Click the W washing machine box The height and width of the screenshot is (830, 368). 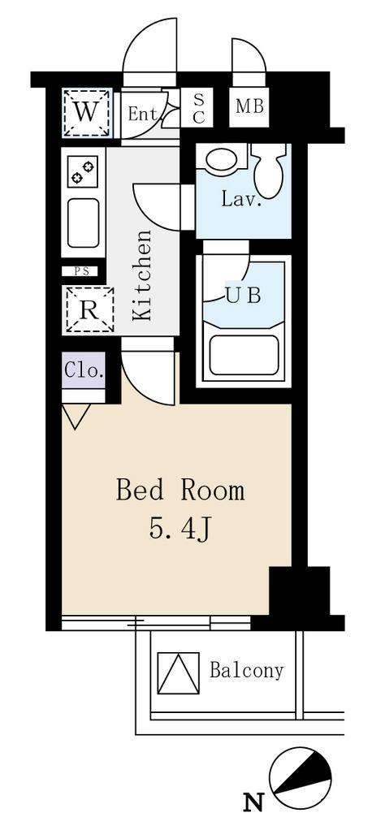[x=87, y=113]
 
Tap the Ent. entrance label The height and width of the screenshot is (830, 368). [x=143, y=113]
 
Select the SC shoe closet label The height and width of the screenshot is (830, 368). [x=198, y=109]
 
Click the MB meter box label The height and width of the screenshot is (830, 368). [x=249, y=107]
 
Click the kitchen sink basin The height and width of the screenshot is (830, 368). [x=83, y=223]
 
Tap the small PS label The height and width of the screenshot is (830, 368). [x=81, y=271]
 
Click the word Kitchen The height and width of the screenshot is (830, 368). [x=142, y=275]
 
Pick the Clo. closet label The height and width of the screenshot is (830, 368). [x=84, y=370]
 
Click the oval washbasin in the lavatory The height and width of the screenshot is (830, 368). [x=223, y=159]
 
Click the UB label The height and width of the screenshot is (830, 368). [x=244, y=295]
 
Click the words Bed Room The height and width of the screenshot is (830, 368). [x=180, y=491]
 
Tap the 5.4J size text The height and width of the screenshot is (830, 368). [x=180, y=529]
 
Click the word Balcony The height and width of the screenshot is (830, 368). [x=247, y=671]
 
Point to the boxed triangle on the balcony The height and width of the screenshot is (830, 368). [x=179, y=672]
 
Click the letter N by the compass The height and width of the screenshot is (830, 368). [x=253, y=803]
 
